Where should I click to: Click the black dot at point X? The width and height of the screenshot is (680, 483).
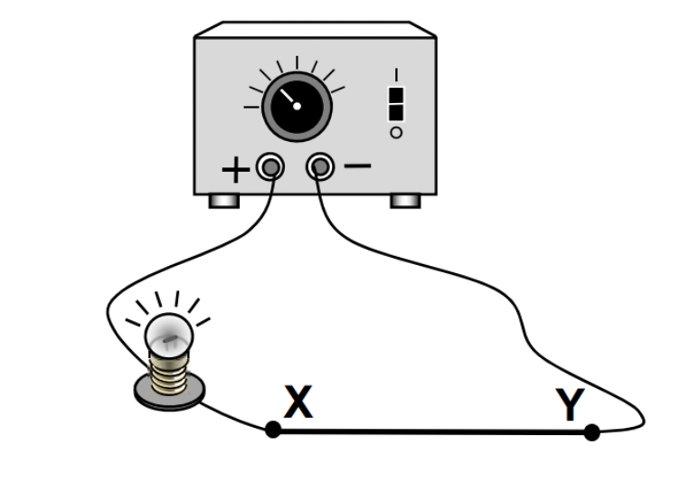(273, 430)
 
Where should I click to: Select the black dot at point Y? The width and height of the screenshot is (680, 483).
(591, 432)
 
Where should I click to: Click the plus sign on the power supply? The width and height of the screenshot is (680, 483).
(233, 171)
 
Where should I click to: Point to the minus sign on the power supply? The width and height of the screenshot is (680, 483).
(358, 166)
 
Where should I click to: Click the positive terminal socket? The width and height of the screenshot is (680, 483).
(269, 166)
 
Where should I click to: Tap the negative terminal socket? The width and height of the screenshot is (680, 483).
(320, 166)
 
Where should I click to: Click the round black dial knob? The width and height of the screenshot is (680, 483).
(297, 107)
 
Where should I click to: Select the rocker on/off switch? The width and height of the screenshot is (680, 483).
(395, 103)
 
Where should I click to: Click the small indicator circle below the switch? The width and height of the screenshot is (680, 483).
(395, 133)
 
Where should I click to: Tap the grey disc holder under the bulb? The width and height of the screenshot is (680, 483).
(169, 392)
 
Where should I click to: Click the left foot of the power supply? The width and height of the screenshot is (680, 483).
(223, 201)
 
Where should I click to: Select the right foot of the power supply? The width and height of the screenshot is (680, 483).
(404, 201)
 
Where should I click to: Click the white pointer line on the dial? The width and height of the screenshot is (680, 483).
(287, 96)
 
